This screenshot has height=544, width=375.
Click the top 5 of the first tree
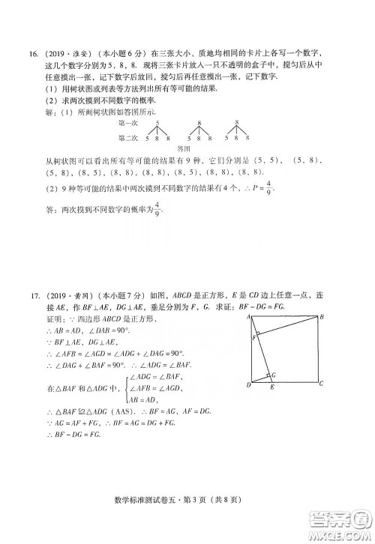pos(157,122)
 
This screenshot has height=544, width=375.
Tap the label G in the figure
pos(273,374)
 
